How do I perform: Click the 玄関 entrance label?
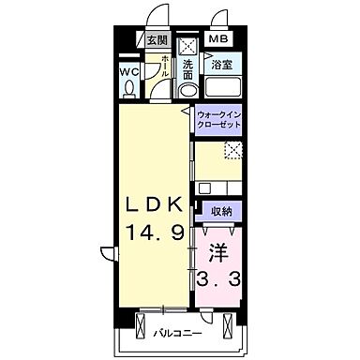click(158, 40)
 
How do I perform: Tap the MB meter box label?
click(218, 39)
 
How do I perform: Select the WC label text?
click(129, 72)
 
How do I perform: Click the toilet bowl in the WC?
click(129, 88)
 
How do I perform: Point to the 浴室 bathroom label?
click(222, 65)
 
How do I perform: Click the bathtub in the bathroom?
click(222, 87)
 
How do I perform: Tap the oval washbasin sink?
click(188, 90)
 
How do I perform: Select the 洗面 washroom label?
click(187, 70)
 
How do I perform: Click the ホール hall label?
click(166, 67)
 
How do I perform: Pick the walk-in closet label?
click(218, 120)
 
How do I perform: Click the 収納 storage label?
click(221, 212)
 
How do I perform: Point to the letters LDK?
click(154, 205)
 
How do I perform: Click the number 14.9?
click(155, 232)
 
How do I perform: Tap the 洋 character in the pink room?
click(218, 253)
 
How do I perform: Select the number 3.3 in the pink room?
click(218, 278)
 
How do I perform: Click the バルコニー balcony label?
click(177, 334)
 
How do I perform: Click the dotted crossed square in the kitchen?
click(233, 150)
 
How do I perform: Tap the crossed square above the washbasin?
click(188, 47)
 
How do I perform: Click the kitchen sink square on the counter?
click(205, 188)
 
